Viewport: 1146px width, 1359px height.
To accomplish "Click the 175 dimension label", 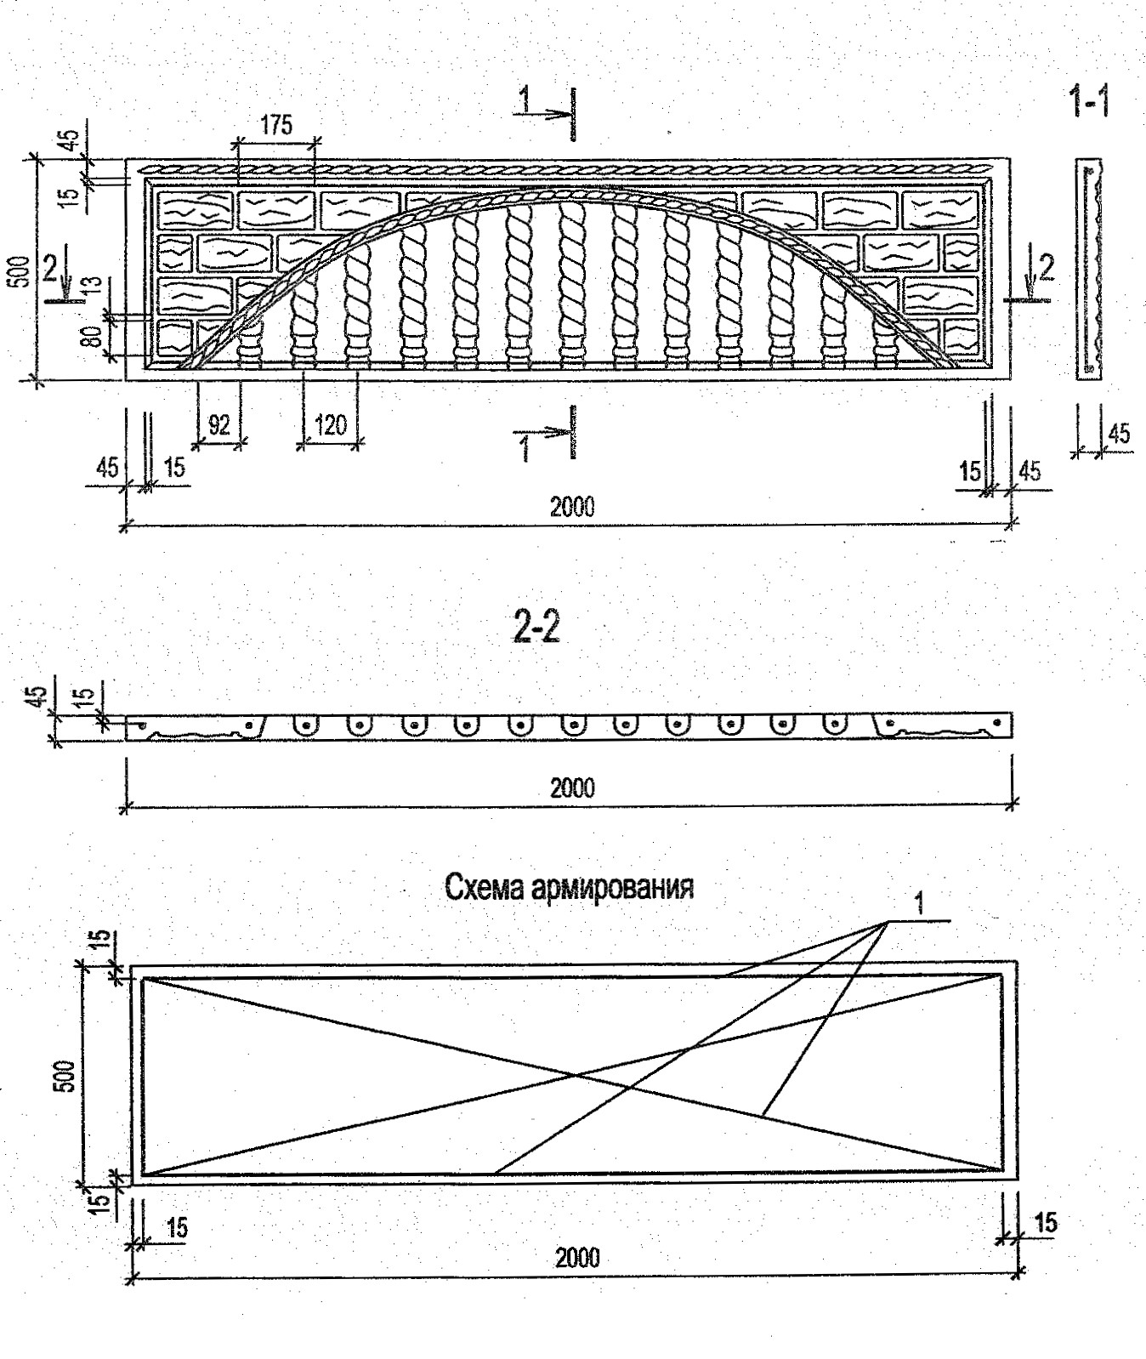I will point(276,126).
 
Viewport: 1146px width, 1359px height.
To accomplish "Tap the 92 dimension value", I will point(219,424).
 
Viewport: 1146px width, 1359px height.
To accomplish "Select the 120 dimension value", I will point(331,424).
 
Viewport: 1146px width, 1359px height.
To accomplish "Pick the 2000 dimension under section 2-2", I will point(571,788).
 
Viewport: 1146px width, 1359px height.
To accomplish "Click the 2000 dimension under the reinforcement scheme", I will point(577,1258).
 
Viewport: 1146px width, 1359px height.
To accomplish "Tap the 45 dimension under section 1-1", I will point(1120,434).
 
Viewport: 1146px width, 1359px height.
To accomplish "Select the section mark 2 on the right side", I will point(1045,268).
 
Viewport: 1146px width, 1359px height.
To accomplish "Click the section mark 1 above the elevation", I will point(526,100).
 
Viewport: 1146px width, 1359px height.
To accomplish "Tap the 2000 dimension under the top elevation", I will point(571,508).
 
